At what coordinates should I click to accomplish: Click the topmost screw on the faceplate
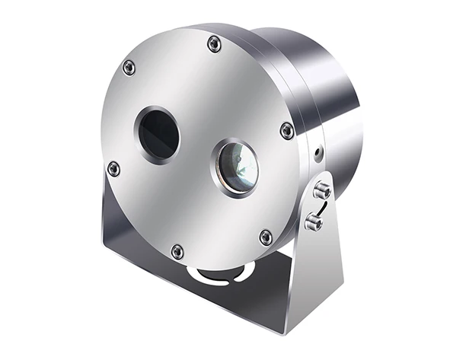(x=215, y=45)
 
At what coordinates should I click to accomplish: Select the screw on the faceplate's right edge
(x=287, y=130)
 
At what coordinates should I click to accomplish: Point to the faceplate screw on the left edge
(x=113, y=168)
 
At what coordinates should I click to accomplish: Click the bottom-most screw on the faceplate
(x=177, y=250)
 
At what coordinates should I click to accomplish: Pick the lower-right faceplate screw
(x=266, y=237)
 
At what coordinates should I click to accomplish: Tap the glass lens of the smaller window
(x=235, y=166)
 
